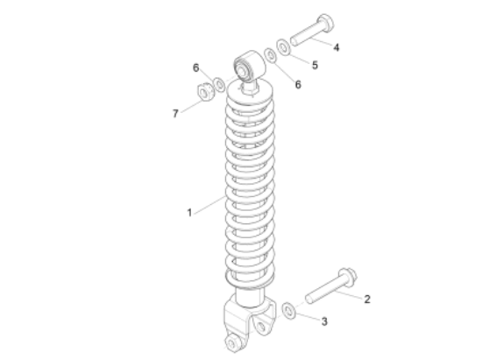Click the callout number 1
click(188, 211)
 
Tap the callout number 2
click(367, 299)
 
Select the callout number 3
click(324, 322)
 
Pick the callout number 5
click(315, 64)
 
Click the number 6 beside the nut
click(196, 67)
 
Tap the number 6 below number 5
click(297, 85)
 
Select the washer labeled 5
click(284, 46)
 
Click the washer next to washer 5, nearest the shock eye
click(270, 56)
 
